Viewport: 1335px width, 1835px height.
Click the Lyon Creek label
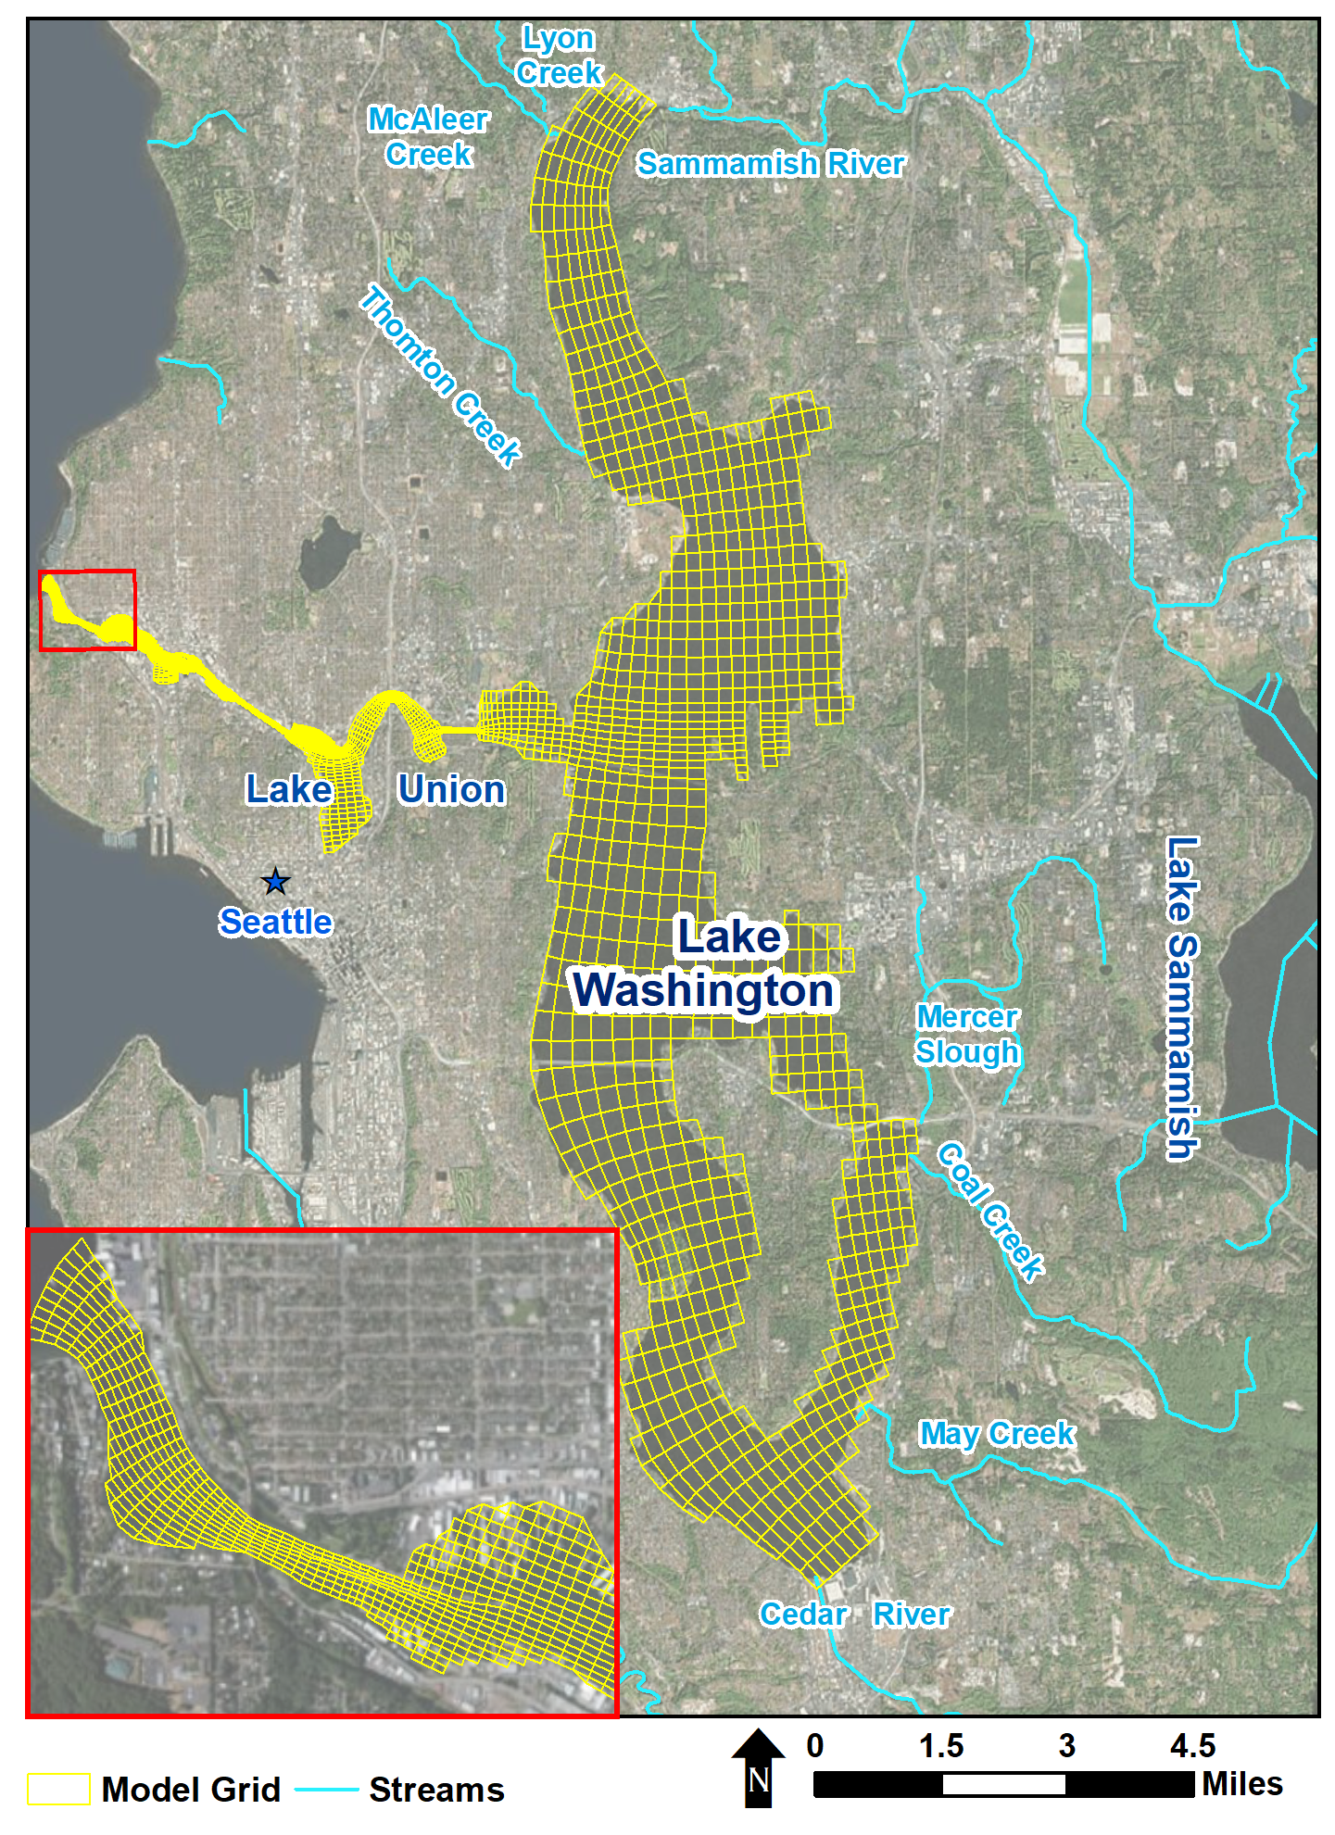coord(559,56)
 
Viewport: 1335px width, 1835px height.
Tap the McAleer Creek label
coord(428,136)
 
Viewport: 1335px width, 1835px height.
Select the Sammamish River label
coord(770,164)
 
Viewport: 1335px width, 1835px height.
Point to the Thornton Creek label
coord(440,375)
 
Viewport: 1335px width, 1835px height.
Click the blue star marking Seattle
coord(275,882)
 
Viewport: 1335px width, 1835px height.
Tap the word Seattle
coord(275,923)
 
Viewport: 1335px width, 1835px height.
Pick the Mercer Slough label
coord(967,1035)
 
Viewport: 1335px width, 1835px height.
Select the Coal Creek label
coord(990,1212)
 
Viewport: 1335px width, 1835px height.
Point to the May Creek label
coord(996,1434)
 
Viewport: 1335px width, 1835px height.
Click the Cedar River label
coord(854,1615)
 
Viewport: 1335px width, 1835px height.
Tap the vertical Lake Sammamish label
coord(1181,998)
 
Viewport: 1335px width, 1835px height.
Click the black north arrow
coord(759,1767)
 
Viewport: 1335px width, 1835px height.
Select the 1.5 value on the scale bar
coord(940,1746)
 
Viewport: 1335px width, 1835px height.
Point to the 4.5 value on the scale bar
coord(1192,1746)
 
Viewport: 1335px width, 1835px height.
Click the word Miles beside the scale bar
coord(1241,1784)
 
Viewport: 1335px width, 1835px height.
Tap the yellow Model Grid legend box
coord(58,1790)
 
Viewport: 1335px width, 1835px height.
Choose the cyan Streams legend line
coord(326,1790)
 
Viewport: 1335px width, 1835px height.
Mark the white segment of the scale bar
coord(1003,1784)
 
